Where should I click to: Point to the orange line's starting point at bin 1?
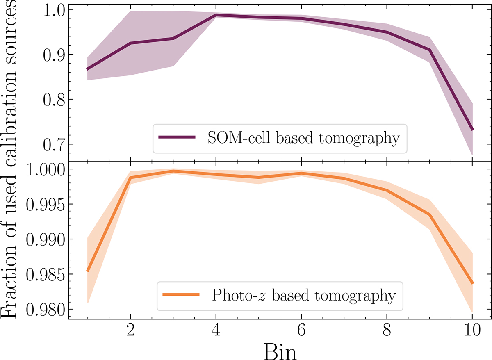(87, 271)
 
